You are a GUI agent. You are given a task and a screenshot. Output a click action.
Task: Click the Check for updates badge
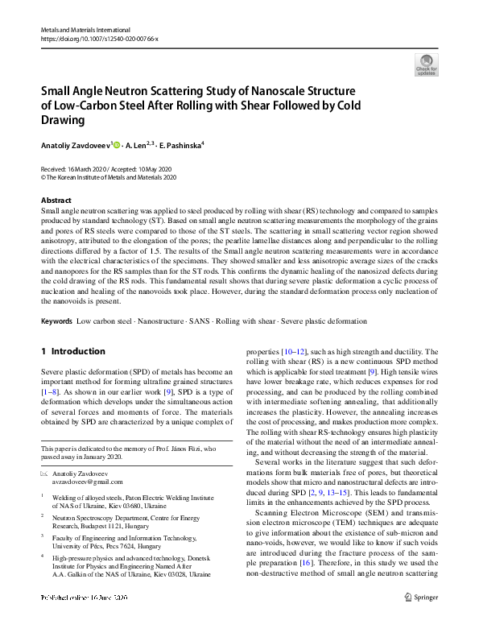tap(426, 64)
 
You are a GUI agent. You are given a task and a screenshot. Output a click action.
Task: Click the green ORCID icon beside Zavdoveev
tap(117, 145)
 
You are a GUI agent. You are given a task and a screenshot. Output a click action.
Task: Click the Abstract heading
tap(56, 200)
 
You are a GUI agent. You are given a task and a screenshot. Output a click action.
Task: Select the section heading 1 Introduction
tap(72, 351)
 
